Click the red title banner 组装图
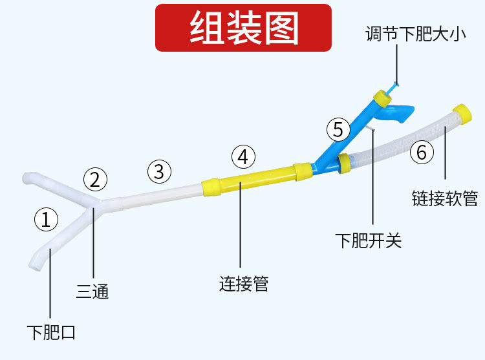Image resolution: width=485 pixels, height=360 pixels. point(243,28)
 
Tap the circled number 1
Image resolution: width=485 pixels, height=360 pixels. point(46,220)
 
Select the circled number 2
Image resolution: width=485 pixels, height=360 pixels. point(94,179)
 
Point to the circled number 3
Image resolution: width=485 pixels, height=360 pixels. point(160,171)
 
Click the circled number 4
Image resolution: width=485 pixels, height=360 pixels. point(243,156)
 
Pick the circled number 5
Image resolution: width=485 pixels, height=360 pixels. point(338,129)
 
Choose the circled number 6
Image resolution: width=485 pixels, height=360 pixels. point(422,153)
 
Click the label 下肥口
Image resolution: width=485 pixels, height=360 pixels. point(51,333)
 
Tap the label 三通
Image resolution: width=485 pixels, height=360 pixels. point(92,292)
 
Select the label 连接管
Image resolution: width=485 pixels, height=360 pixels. point(243,283)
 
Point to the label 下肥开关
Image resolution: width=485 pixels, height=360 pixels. point(369,241)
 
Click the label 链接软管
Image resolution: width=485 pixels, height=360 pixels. point(445,198)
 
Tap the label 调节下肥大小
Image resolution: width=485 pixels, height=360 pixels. point(415,34)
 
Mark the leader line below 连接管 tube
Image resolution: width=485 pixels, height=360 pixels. point(240,233)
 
